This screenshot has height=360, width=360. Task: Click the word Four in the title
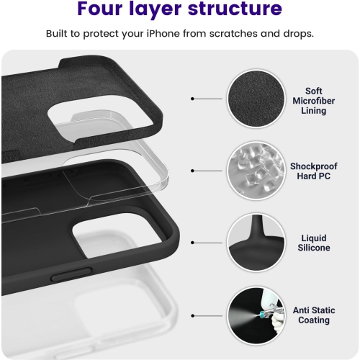click(107, 10)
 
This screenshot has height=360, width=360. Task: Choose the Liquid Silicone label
click(314, 243)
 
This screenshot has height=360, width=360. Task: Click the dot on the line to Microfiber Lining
click(193, 99)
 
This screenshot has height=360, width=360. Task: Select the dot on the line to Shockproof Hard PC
click(193, 171)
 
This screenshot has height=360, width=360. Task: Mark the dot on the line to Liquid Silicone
click(193, 243)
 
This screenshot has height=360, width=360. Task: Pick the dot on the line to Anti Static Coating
click(193, 315)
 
